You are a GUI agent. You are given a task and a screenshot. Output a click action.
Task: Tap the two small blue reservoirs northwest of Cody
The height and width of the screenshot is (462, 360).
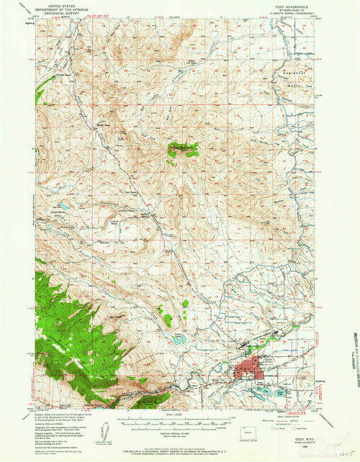(x=180, y=338)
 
